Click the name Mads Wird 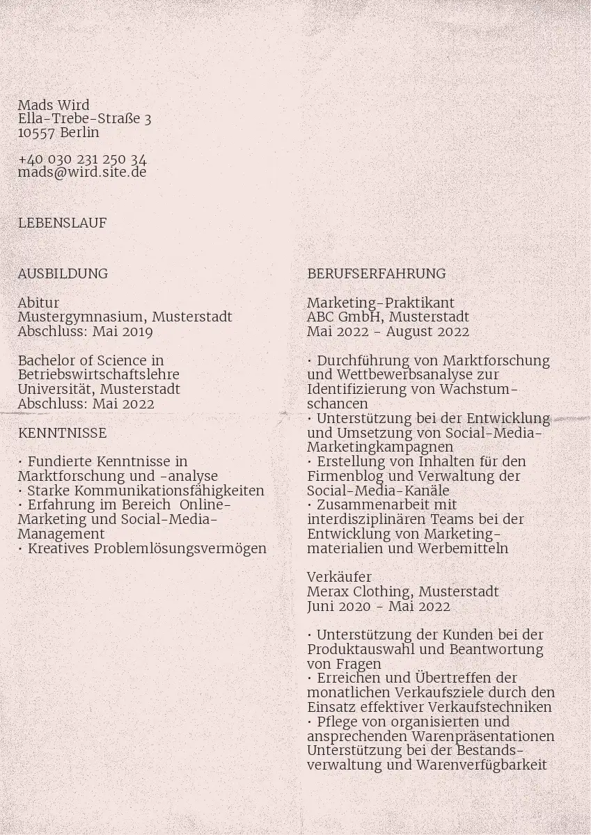tap(54, 105)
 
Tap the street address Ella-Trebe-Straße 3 tap(84, 119)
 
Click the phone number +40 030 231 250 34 tap(82, 159)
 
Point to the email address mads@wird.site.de tap(82, 172)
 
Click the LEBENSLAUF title tap(62, 223)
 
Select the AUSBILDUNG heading tap(63, 273)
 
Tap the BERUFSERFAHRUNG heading tap(376, 273)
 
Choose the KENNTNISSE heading tap(62, 433)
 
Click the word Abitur tap(38, 303)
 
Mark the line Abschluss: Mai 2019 tap(85, 331)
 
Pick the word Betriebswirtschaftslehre tap(98, 374)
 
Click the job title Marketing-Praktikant tap(380, 303)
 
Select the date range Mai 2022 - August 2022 tap(388, 331)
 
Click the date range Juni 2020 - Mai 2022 tap(378, 606)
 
